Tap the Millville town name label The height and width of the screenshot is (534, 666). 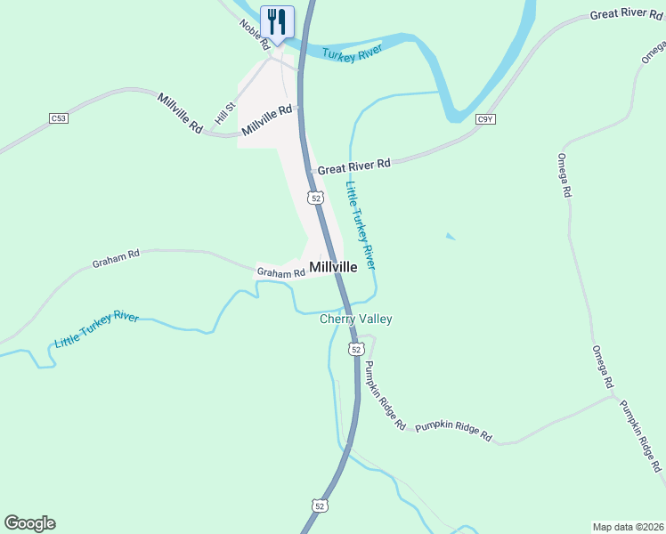coord(333,267)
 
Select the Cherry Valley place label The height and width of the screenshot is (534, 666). coord(356,319)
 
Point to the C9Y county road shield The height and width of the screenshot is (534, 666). coord(485,118)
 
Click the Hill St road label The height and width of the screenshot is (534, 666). coord(223,114)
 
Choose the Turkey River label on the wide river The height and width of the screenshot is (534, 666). coord(352,54)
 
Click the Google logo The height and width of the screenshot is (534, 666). coord(29,523)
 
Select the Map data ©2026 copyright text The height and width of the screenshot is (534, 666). coord(627,526)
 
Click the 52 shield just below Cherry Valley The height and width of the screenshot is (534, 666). coord(356,350)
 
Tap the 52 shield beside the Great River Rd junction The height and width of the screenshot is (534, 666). coord(315,197)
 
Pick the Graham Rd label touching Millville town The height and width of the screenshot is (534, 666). coord(280,272)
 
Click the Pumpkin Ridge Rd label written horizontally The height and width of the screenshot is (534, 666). coord(453,431)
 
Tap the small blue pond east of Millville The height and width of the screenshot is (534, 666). coord(451,237)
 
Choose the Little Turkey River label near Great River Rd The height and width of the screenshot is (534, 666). coord(361,226)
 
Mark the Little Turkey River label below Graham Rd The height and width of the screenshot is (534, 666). coord(96,329)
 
